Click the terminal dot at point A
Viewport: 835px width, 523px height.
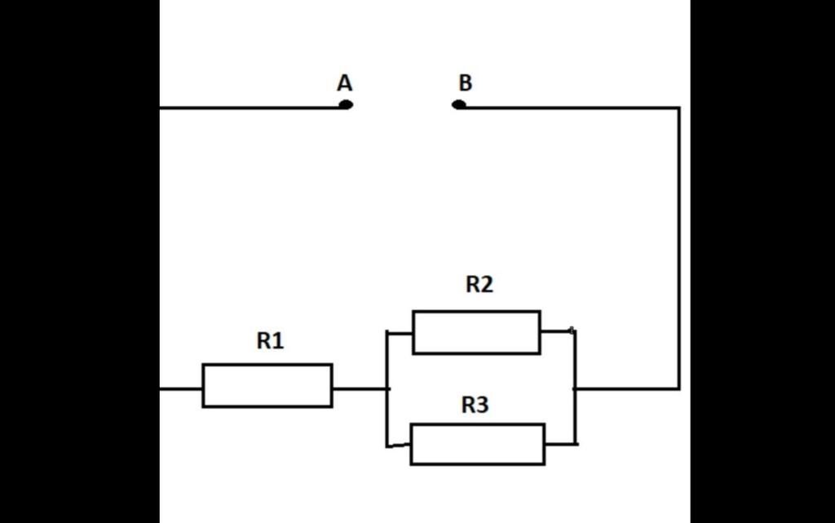(346, 104)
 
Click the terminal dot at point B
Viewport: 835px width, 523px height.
(459, 104)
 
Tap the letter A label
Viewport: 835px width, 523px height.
(344, 83)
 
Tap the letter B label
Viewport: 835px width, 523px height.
(465, 83)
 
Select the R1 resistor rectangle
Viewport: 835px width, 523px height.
(267, 385)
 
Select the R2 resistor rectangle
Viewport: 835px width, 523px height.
(476, 332)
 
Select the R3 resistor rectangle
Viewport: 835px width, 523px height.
(477, 444)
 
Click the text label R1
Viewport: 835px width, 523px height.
(270, 341)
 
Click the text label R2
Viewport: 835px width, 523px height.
(479, 285)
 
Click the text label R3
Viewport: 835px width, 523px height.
(475, 405)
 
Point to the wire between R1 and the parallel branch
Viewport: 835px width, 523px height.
(359, 388)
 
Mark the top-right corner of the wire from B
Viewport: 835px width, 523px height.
(678, 108)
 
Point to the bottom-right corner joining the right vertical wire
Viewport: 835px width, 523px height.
(678, 388)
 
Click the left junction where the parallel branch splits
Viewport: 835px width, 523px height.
(387, 388)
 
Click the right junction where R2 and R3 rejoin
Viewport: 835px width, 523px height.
(576, 388)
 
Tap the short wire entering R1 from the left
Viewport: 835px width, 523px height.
(181, 388)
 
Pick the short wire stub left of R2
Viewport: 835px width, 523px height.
(400, 333)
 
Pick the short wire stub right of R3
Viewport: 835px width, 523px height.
(561, 444)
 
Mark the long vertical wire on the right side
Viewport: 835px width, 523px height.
(678, 245)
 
